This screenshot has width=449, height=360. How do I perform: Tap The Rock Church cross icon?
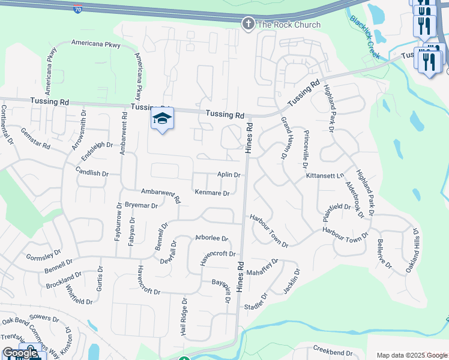coord(247,25)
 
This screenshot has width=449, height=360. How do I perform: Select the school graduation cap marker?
coord(162,119)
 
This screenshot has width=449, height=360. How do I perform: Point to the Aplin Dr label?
coord(229,175)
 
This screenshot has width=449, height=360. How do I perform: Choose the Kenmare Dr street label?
coord(212,193)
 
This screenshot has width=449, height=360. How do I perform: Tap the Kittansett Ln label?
coord(325,175)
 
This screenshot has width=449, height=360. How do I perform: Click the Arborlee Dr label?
coord(212,238)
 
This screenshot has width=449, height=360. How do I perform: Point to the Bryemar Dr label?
coord(140,205)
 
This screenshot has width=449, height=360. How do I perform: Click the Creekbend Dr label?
coord(333,349)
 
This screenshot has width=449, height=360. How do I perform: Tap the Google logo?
coord(20,353)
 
